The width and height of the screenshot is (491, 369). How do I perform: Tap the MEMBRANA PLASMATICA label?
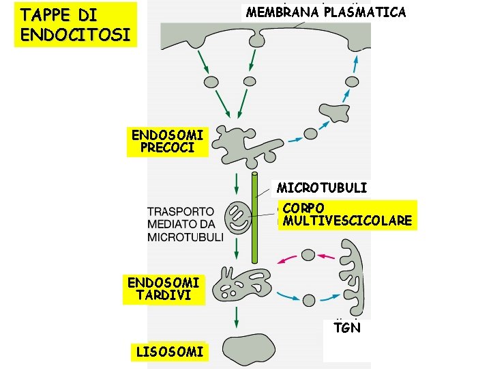point(325,12)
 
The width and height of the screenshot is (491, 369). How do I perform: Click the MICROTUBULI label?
point(321,187)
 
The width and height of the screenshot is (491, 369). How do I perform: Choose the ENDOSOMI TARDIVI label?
point(163,289)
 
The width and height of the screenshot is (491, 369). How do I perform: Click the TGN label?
point(347,328)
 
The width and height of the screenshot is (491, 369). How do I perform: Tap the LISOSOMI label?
point(170,352)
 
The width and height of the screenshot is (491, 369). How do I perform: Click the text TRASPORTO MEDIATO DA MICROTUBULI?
point(185,224)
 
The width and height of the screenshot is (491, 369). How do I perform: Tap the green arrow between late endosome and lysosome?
point(236,316)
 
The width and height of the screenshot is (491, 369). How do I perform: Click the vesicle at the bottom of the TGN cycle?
point(309,299)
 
